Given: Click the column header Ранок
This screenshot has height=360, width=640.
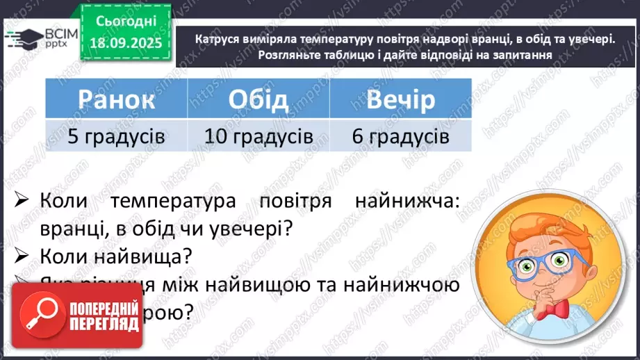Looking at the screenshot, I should click(x=117, y=99).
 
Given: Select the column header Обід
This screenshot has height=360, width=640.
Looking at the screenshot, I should click(x=258, y=99).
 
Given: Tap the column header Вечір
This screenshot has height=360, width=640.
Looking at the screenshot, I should click(x=400, y=99).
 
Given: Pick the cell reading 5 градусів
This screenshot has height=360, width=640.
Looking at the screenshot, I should click(x=117, y=136).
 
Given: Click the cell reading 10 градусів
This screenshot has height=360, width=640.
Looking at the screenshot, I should click(x=258, y=136).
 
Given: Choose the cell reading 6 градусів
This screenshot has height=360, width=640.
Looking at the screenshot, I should click(x=400, y=136).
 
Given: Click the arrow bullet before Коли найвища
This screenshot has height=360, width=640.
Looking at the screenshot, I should click(x=21, y=256).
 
